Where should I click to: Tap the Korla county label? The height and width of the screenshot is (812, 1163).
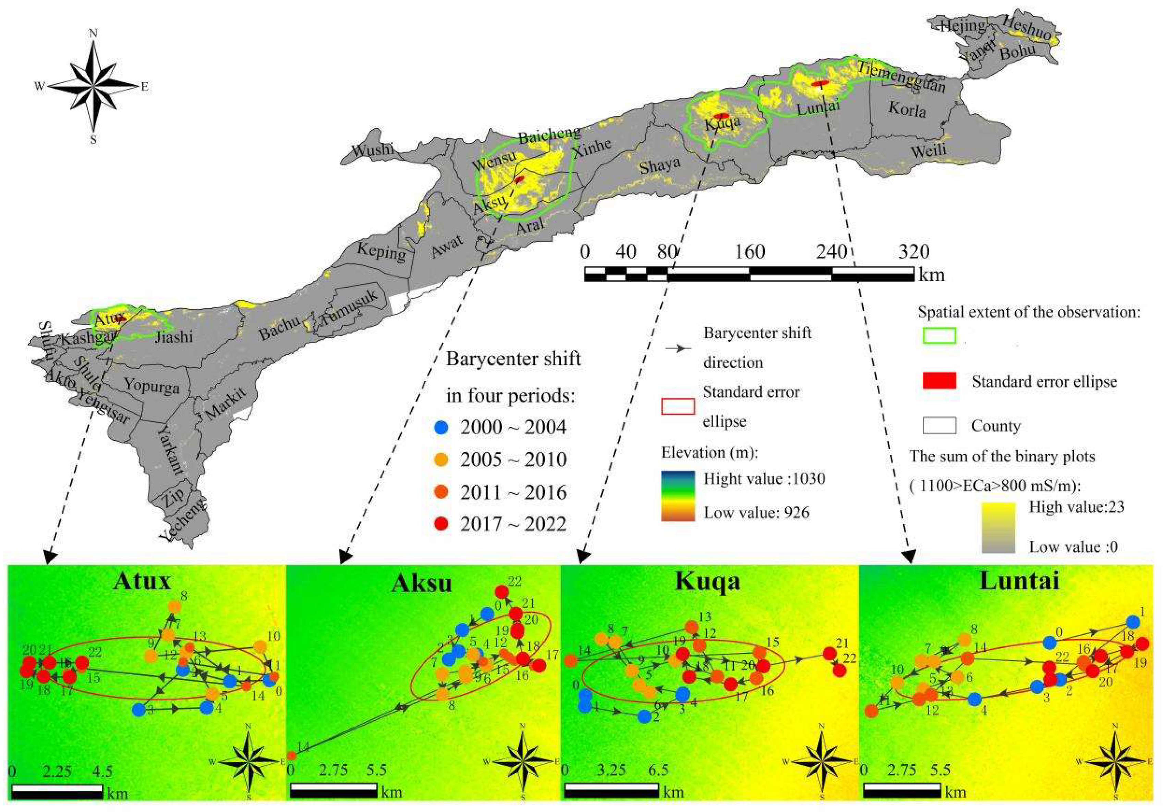[x=907, y=109]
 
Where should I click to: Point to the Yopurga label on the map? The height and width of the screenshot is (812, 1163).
[x=152, y=386]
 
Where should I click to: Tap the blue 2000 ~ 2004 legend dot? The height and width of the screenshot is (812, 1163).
[x=442, y=428]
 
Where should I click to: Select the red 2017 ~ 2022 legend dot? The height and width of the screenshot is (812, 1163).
[x=442, y=524]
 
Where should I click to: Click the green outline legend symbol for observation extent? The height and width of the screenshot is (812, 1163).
[x=939, y=336]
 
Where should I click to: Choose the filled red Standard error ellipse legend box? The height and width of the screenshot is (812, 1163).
[x=939, y=381]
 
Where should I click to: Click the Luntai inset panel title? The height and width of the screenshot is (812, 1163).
[x=1019, y=580]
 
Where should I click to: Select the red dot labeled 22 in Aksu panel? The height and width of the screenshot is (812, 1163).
[x=501, y=592]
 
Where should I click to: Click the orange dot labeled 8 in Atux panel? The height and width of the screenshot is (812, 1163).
[x=174, y=607]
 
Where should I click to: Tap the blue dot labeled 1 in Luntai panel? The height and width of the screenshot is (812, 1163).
[x=1132, y=622]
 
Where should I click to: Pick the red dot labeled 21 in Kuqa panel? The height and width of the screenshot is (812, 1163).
[x=829, y=653]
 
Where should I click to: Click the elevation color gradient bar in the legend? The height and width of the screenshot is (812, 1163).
[x=677, y=496]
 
